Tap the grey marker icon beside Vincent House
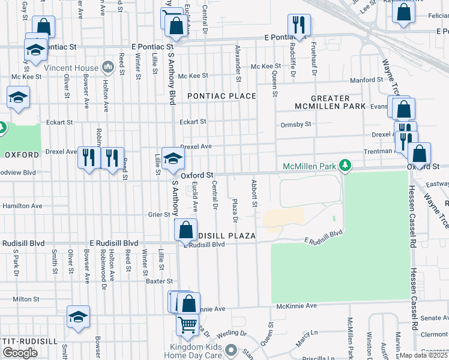[x=108, y=65]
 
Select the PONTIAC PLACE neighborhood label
[x=221, y=96]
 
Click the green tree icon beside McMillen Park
[x=345, y=164]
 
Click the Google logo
[x=20, y=353]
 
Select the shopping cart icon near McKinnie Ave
[x=188, y=325]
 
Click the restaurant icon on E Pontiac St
[x=298, y=25]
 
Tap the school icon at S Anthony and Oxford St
[x=173, y=158]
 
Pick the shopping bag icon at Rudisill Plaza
[x=186, y=229]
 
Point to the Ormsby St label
[x=296, y=124]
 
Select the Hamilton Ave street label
[x=22, y=205]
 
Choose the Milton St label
[x=26, y=298]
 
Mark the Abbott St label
[x=255, y=194]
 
